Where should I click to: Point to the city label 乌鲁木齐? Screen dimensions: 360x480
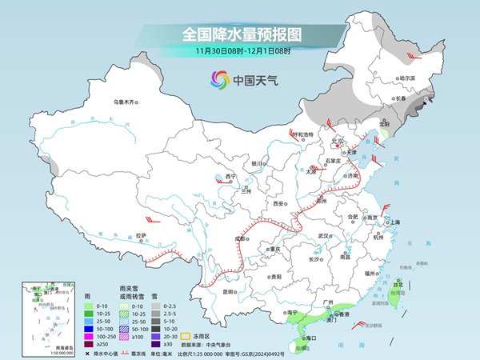126,102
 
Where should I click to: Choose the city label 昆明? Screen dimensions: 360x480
229,291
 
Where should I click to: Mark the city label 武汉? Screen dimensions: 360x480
324,236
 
